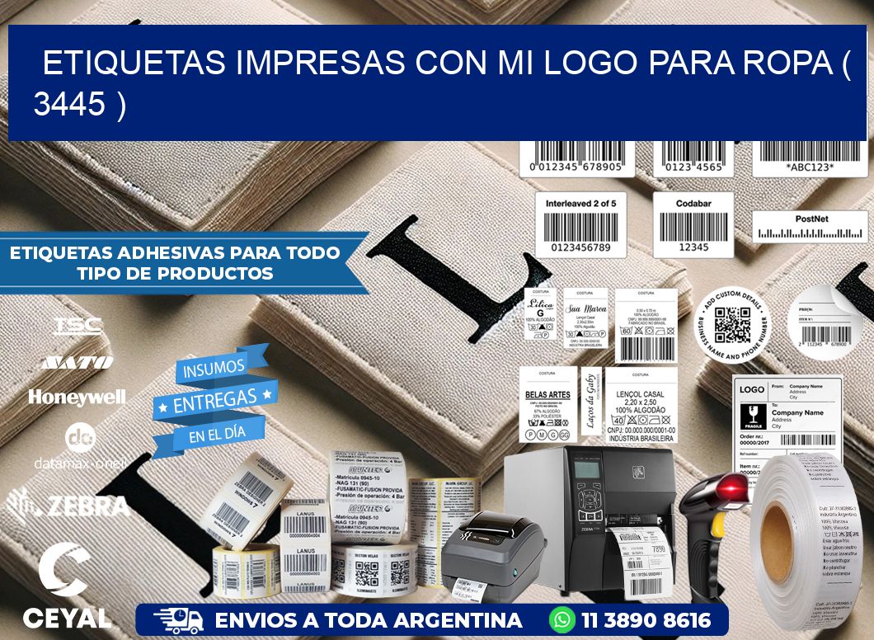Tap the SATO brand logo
(78, 362)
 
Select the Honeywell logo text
(77, 397)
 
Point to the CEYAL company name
(67, 618)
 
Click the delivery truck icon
(178, 620)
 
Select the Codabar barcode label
(693, 225)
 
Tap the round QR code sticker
(731, 324)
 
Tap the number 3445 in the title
(69, 104)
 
